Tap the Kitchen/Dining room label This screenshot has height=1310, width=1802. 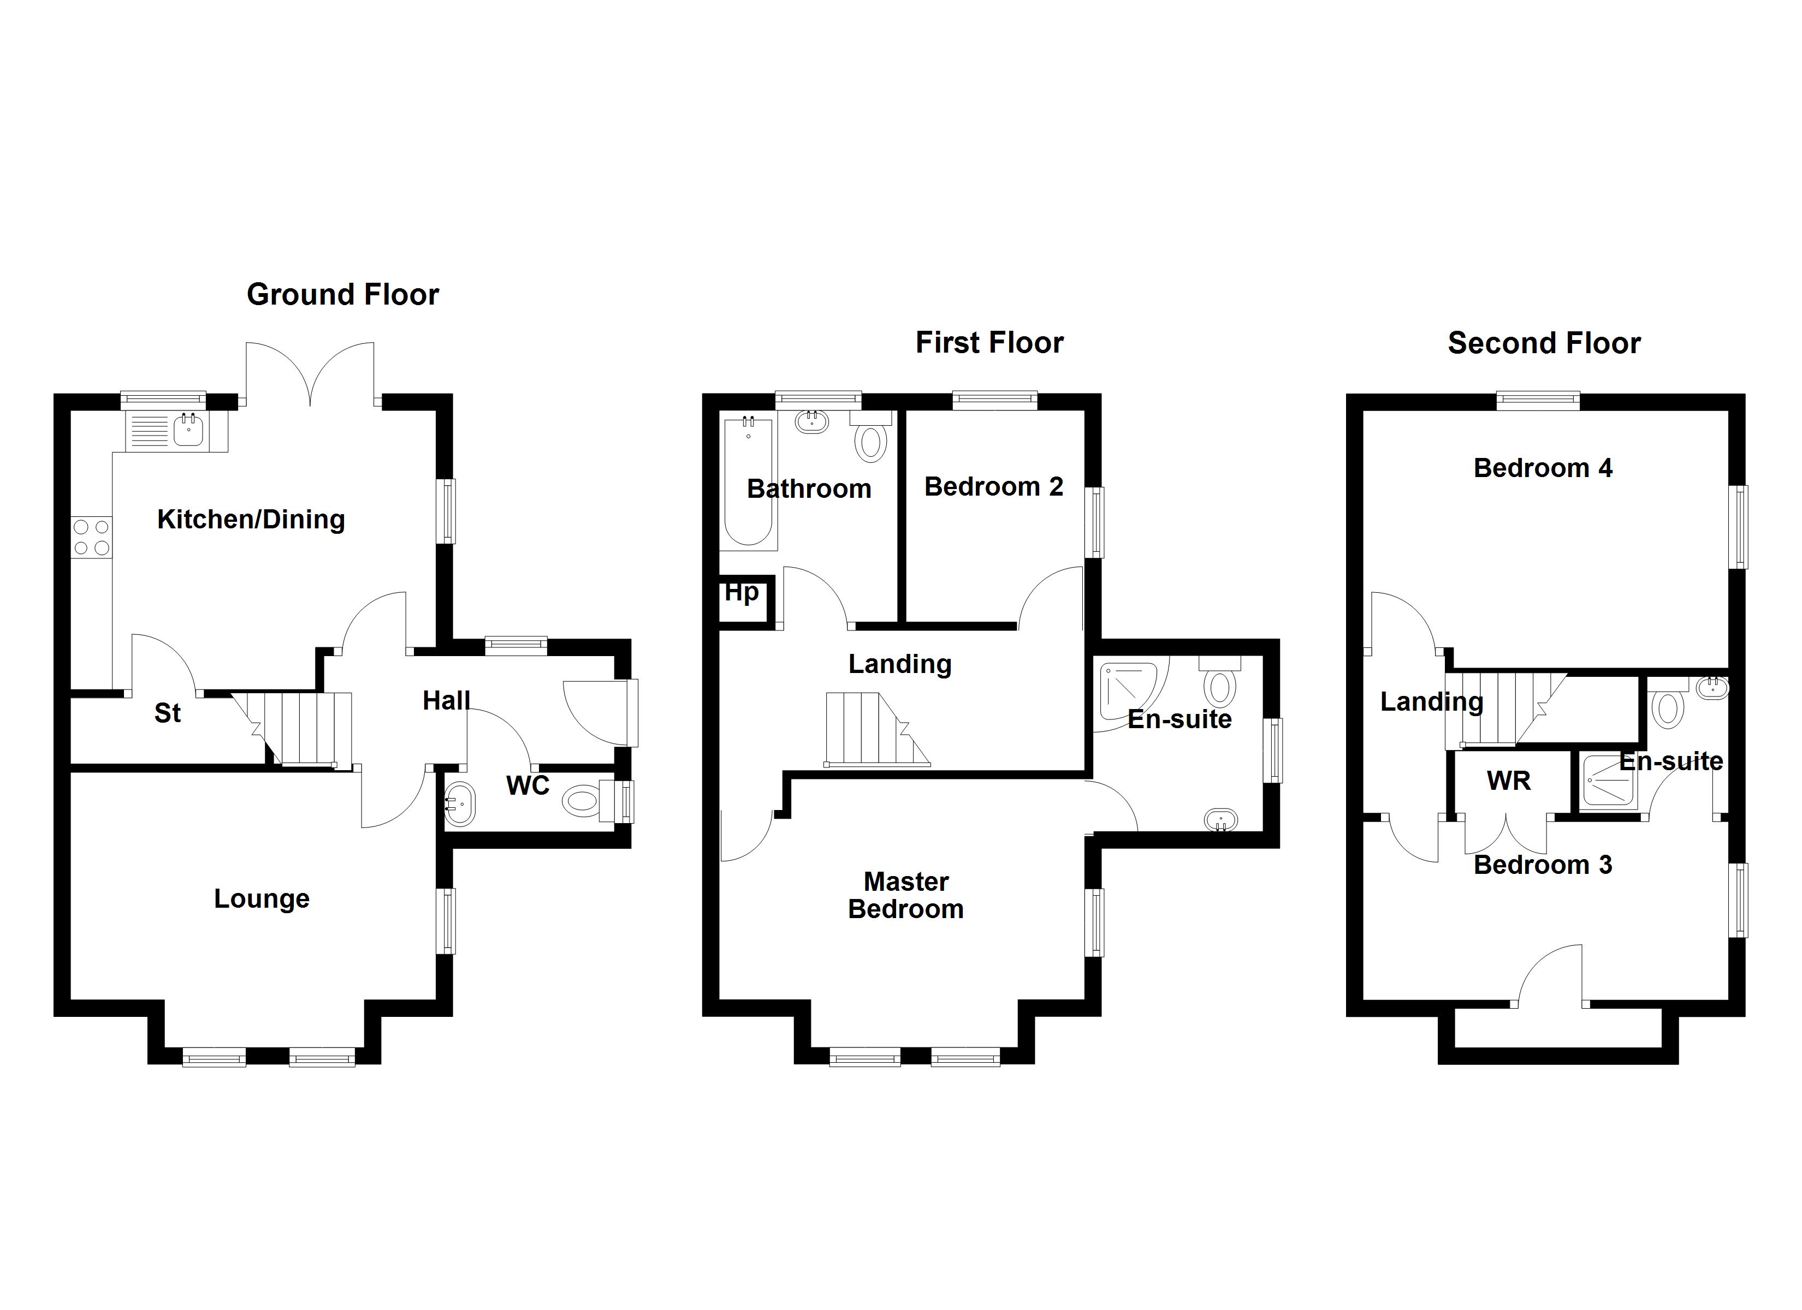tap(251, 520)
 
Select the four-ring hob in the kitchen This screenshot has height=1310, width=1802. tap(91, 537)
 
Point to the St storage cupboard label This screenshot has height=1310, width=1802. tap(168, 713)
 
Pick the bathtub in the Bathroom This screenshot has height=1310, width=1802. tap(749, 482)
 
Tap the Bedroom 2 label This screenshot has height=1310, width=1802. tap(994, 486)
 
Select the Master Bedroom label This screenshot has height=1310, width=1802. tap(906, 895)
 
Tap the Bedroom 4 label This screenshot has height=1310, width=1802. tap(1543, 468)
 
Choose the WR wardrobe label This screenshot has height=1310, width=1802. tap(1508, 781)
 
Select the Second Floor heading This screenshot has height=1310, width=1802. tap(1544, 343)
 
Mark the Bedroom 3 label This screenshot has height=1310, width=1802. tap(1543, 865)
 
